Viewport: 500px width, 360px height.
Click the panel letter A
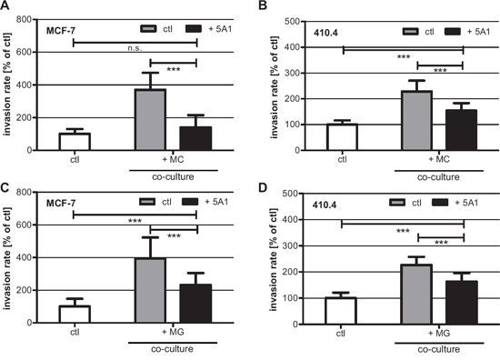[x=5, y=5]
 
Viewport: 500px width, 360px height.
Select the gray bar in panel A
[x=150, y=119]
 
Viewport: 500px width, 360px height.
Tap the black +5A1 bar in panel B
[x=461, y=130]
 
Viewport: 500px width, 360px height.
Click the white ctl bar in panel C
[x=75, y=314]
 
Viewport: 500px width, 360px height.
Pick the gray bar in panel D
[x=416, y=294]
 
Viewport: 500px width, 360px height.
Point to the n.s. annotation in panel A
[x=135, y=48]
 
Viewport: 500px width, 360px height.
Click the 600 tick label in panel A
[x=25, y=53]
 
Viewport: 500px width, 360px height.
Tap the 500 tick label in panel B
[x=292, y=22]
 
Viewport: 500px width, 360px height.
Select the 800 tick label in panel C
[x=25, y=193]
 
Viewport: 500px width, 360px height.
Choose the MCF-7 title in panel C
[x=61, y=203]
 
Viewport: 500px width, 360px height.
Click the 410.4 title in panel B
[x=325, y=33]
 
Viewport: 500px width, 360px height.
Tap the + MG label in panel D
[x=439, y=334]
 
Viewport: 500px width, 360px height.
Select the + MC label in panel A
[x=173, y=159]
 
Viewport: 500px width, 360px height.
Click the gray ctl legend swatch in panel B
[x=410, y=31]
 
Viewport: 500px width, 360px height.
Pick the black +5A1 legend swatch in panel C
[x=190, y=202]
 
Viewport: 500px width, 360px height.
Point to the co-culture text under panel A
[x=173, y=176]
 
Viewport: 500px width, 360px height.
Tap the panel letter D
[x=263, y=188]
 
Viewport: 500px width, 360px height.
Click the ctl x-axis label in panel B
[x=342, y=159]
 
